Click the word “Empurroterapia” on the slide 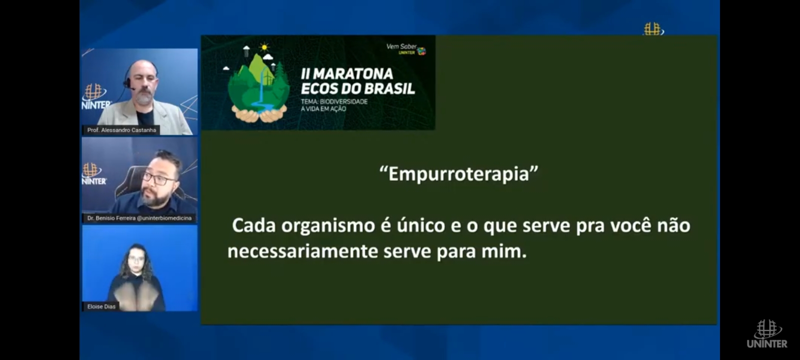click(x=459, y=174)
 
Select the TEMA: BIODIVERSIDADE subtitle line click(x=334, y=102)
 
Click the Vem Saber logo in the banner click(x=406, y=49)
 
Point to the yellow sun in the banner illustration click(x=264, y=47)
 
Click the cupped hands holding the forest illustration click(x=259, y=113)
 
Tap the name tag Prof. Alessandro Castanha click(x=121, y=130)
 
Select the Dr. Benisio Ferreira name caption click(x=139, y=218)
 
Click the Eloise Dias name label click(x=101, y=306)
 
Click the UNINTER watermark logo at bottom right click(x=767, y=334)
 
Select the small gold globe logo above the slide click(x=653, y=29)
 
